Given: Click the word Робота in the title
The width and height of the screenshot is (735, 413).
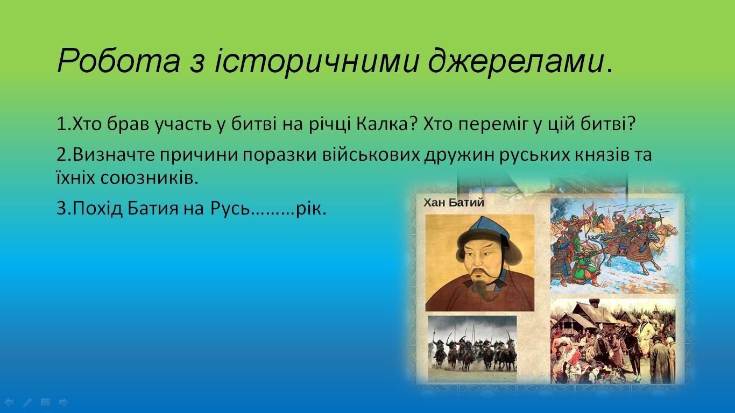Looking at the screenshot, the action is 118,61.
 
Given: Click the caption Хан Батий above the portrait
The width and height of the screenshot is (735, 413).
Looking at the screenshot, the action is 454,202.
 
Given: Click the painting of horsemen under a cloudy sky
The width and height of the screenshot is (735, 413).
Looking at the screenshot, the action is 472,348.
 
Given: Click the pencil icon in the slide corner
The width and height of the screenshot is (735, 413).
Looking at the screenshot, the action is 27,402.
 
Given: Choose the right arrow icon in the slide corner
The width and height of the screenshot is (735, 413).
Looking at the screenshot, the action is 62,402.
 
